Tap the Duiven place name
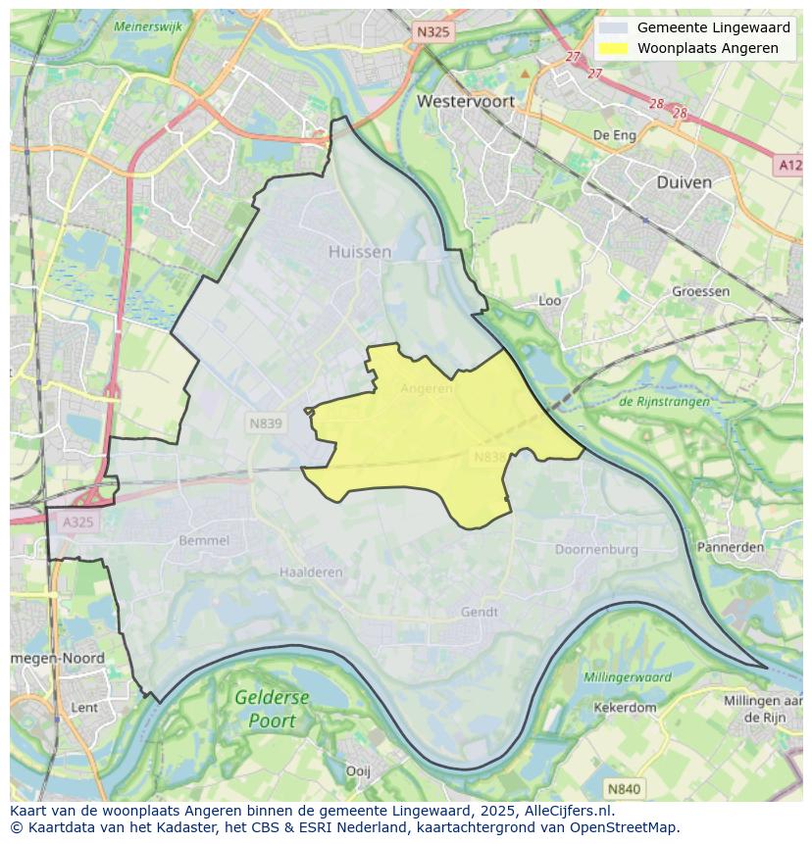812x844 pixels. click(x=684, y=182)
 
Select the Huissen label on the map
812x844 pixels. click(x=359, y=252)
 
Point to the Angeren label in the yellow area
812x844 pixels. click(x=427, y=388)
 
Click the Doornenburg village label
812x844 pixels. click(x=596, y=550)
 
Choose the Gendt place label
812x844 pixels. click(x=480, y=612)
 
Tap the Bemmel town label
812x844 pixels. click(x=204, y=540)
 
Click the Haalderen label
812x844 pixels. click(x=311, y=572)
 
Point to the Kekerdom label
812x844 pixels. click(x=625, y=707)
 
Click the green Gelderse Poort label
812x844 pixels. click(x=272, y=708)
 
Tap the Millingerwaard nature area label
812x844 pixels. click(x=627, y=677)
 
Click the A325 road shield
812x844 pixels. click(x=77, y=522)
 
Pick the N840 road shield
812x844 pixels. click(x=624, y=788)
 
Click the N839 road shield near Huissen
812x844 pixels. click(x=265, y=423)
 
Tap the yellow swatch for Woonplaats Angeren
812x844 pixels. click(x=614, y=48)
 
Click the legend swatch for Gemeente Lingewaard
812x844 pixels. click(x=614, y=28)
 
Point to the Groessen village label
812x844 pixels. click(x=700, y=291)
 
